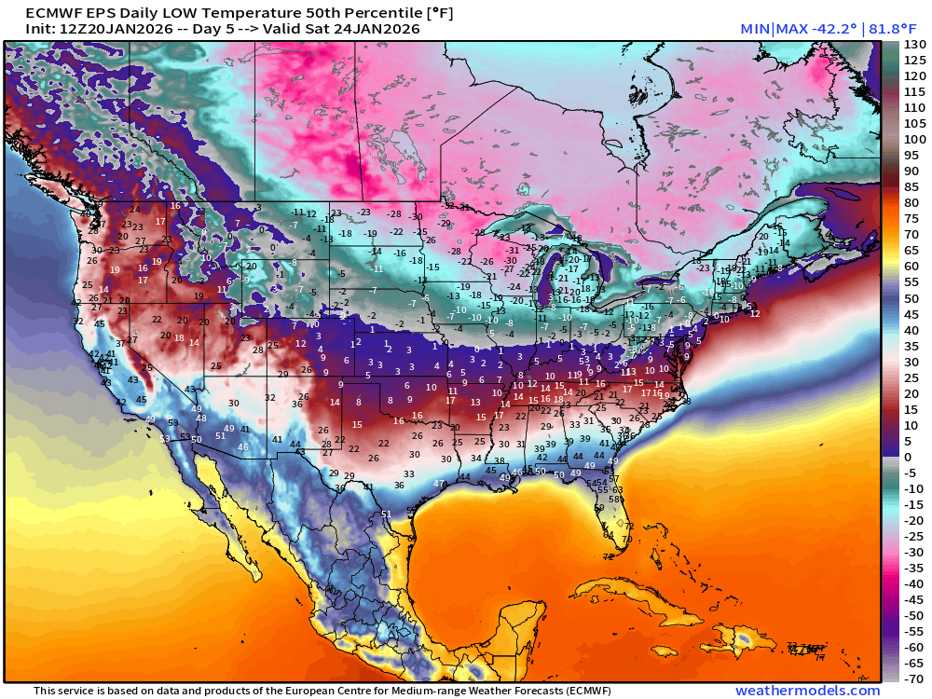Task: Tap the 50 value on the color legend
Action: click(913, 298)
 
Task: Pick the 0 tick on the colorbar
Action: click(910, 457)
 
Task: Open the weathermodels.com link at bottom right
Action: click(807, 691)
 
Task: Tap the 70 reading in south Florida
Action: click(626, 539)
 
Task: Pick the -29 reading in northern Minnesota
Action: click(445, 224)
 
